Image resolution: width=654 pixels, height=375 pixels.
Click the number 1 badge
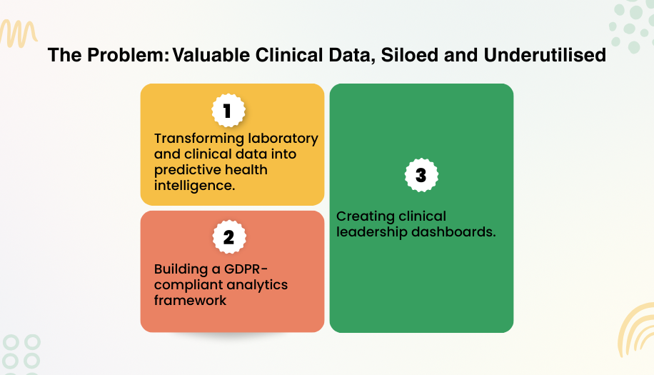pyautogui.click(x=228, y=111)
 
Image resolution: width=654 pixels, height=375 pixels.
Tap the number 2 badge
pyautogui.click(x=228, y=237)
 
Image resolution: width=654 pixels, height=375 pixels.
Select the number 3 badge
pyautogui.click(x=421, y=175)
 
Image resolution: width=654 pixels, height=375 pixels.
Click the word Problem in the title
pyautogui.click(x=124, y=56)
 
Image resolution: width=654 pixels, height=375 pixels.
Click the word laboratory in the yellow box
pyautogui.click(x=283, y=138)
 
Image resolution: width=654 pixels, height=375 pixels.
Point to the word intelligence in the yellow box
pyautogui.click(x=193, y=186)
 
